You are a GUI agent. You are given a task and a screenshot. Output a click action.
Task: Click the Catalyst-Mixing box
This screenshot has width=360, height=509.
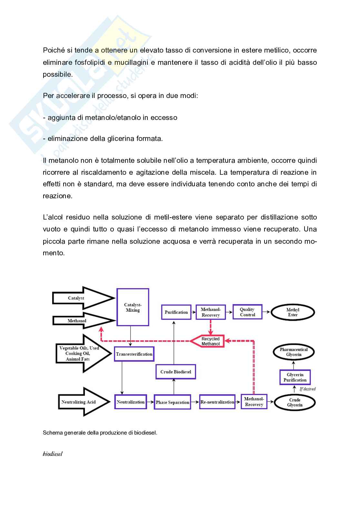point(133,307)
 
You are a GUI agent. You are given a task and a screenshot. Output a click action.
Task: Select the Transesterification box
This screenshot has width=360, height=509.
point(134,354)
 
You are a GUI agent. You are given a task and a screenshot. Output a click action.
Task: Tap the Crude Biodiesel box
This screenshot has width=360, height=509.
point(175,372)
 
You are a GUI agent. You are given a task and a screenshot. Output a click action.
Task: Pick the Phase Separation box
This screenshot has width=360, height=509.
point(172,402)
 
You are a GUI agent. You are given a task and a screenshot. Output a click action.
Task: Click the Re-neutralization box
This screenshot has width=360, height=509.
point(217,402)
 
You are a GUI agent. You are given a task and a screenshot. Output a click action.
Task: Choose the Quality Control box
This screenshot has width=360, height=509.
point(247,312)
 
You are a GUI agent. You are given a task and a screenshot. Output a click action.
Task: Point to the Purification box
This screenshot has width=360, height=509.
point(176,312)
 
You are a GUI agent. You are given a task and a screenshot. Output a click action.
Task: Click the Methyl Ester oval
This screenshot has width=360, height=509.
point(293,312)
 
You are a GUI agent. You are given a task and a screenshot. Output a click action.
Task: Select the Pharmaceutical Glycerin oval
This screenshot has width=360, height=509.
point(294,352)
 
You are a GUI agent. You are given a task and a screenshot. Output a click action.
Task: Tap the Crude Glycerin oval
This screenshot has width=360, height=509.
point(295,402)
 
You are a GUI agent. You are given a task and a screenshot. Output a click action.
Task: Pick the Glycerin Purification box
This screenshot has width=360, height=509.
point(295,377)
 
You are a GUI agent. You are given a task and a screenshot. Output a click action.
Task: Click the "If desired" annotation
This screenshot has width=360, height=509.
point(307,389)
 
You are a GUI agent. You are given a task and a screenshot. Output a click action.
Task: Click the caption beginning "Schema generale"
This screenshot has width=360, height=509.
point(100,433)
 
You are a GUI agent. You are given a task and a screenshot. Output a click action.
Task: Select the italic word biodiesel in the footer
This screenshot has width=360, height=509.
point(53,454)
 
